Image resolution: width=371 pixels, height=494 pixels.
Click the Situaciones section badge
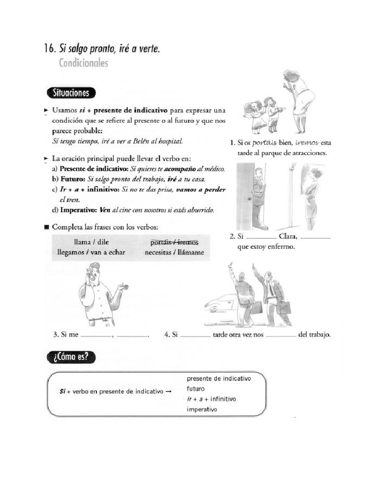coord(71,93)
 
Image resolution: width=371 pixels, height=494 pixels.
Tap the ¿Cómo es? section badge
coord(71,357)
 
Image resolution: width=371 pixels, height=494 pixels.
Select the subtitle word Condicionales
coord(83,63)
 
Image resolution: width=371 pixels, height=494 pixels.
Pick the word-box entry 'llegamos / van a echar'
coord(91,252)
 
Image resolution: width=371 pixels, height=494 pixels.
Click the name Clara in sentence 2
coord(287,237)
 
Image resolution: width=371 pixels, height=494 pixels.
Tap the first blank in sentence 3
coord(96,334)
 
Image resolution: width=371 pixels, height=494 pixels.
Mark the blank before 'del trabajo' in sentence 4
coord(280,334)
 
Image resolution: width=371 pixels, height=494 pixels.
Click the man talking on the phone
coord(99,294)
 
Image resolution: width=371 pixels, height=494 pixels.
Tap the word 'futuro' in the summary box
coord(196,389)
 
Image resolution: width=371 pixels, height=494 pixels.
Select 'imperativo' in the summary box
coord(202,410)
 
